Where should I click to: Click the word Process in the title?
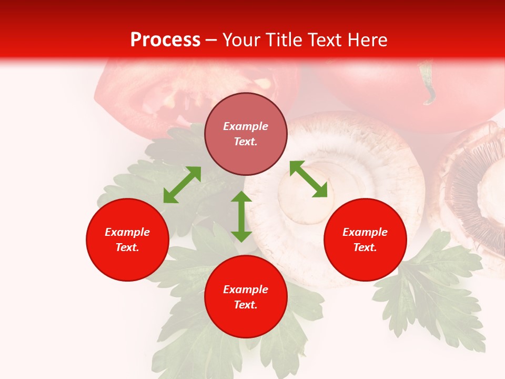point(165,40)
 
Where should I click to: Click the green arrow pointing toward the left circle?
point(182,185)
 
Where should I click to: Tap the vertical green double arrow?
point(241,216)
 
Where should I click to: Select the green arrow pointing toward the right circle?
point(308,179)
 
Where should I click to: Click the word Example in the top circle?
point(246,126)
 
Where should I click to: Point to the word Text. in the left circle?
point(127,247)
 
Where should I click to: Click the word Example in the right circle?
point(365,232)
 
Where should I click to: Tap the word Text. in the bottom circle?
point(246,305)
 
